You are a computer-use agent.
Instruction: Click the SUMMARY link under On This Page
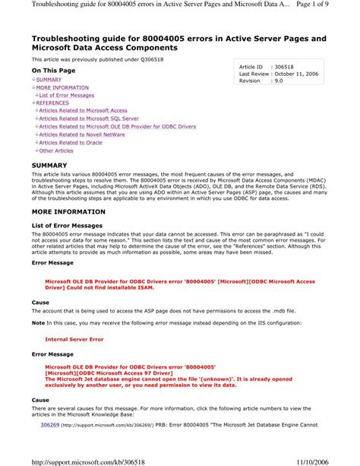pos(49,79)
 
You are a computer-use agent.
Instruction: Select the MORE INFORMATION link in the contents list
pos(62,87)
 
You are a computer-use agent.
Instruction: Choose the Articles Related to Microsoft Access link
pos(84,111)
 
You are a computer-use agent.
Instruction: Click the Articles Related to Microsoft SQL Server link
pos(89,119)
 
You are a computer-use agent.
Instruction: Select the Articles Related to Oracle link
pos(71,142)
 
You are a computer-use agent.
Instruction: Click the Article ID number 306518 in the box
pos(286,68)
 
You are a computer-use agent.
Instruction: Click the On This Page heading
pos(54,70)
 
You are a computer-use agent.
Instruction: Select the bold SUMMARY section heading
pos(49,165)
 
